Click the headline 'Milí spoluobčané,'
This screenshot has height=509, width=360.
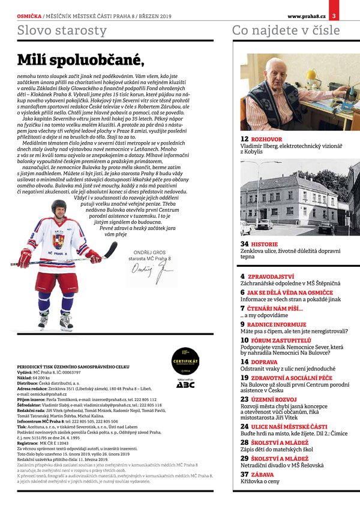point(80,59)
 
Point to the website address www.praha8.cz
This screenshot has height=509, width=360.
point(307,7)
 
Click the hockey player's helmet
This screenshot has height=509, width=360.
point(59,207)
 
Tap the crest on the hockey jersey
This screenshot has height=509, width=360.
point(58,241)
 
